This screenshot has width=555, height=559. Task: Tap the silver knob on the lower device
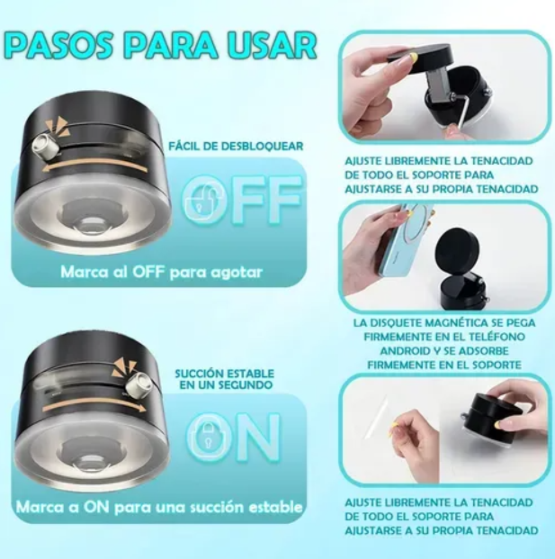pyautogui.click(x=137, y=384)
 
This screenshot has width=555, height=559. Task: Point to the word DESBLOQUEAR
pyautogui.click(x=262, y=146)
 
